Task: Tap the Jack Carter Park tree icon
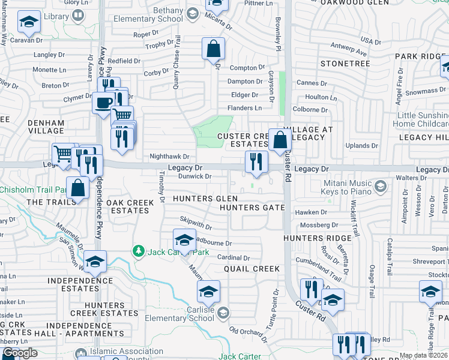(139, 250)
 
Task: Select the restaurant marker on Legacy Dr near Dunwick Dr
(256, 161)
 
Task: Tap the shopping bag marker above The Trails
(78, 187)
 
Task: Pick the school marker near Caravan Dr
(29, 23)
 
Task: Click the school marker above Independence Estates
(95, 261)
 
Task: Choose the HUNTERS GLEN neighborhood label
(205, 199)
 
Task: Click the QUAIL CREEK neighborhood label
(252, 269)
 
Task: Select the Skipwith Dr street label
(196, 224)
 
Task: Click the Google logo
(20, 353)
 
